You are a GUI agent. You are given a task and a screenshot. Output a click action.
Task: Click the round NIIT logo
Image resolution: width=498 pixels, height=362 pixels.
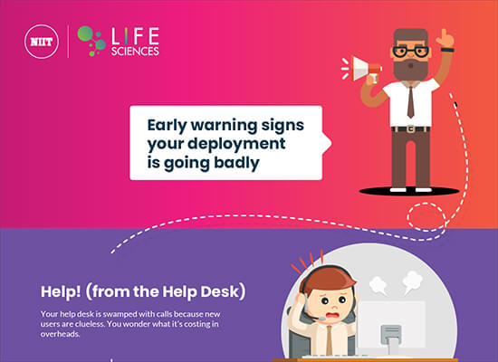pos(42,42)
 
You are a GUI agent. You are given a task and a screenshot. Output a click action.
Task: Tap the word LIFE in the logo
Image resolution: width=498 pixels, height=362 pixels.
pos(135,36)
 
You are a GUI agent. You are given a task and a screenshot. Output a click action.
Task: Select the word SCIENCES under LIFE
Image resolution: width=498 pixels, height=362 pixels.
pos(135,51)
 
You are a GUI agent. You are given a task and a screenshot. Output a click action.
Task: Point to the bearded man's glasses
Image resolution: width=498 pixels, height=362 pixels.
pos(411,52)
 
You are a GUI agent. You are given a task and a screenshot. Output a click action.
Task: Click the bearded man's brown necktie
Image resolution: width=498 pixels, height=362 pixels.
pos(411,102)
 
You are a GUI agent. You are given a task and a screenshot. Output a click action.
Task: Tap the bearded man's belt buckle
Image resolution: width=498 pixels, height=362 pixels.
pos(411,129)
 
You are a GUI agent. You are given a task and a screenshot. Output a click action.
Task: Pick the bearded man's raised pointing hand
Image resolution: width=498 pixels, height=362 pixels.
pos(445,39)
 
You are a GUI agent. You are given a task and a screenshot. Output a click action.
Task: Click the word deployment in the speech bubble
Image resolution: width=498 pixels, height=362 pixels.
pos(236,144)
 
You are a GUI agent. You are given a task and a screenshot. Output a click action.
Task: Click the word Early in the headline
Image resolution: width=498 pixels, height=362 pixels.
pos(167,126)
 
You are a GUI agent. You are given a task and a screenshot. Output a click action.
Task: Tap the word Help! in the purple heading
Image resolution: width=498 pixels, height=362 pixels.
pos(61,291)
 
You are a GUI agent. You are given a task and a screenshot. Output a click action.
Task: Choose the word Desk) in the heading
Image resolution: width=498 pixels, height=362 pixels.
pos(224,291)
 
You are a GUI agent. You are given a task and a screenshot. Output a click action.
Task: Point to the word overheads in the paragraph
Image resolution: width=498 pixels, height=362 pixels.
pos(60,334)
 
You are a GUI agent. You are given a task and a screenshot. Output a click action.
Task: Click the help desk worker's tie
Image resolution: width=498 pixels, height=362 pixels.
pos(330,340)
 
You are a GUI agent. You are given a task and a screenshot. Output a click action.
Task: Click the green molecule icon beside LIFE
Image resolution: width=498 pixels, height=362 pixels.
pos(91,41)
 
